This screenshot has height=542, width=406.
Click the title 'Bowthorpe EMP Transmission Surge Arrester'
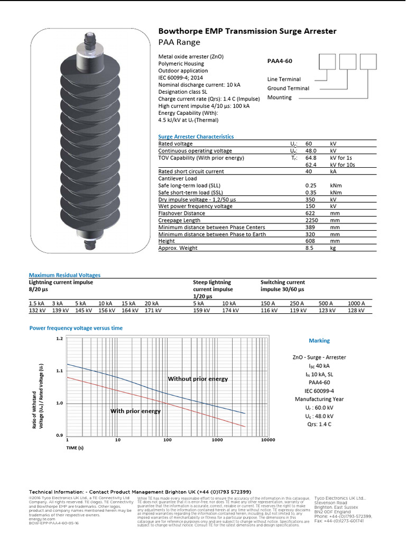click(247, 32)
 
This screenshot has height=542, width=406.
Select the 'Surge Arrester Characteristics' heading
click(196, 137)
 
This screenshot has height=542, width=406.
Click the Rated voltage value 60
click(309, 144)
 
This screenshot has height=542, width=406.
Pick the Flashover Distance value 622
click(310, 213)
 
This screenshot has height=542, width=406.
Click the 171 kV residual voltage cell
click(153, 311)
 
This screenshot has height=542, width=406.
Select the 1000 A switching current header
click(356, 303)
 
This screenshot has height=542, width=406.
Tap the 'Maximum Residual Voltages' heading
click(64, 275)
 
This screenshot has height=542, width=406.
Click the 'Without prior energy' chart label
click(198, 379)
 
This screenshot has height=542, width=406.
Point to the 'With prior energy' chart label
click(135, 411)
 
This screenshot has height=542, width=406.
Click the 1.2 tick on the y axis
click(59, 338)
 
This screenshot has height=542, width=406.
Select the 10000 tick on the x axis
click(268, 440)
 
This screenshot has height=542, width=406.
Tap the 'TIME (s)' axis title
click(75, 448)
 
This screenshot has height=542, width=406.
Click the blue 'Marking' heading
click(319, 341)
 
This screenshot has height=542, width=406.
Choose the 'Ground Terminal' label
click(288, 88)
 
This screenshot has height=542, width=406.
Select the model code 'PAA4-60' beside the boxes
click(280, 61)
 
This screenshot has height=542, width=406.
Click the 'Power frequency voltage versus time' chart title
click(76, 328)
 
